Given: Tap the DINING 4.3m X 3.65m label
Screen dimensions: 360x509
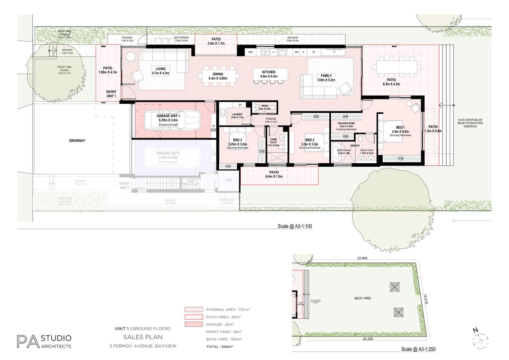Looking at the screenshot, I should (218, 76).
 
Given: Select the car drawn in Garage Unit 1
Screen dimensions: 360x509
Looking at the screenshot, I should (173, 120).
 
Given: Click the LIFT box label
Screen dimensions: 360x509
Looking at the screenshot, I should (228, 180).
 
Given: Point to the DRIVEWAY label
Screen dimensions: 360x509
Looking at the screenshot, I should (77, 141).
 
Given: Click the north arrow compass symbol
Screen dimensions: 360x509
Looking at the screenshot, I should (480, 340).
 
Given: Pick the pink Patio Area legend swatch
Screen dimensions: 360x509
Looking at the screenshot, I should (194, 317).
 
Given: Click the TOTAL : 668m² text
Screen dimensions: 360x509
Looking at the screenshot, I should (219, 346).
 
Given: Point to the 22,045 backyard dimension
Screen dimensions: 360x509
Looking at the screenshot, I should (362, 258).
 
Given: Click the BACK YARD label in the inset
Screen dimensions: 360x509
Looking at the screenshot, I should (362, 298).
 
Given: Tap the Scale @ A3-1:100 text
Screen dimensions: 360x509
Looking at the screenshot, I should (295, 226).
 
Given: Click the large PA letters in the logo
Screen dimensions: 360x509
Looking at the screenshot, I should (28, 342).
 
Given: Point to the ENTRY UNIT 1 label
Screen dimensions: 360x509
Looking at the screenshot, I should (111, 94).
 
